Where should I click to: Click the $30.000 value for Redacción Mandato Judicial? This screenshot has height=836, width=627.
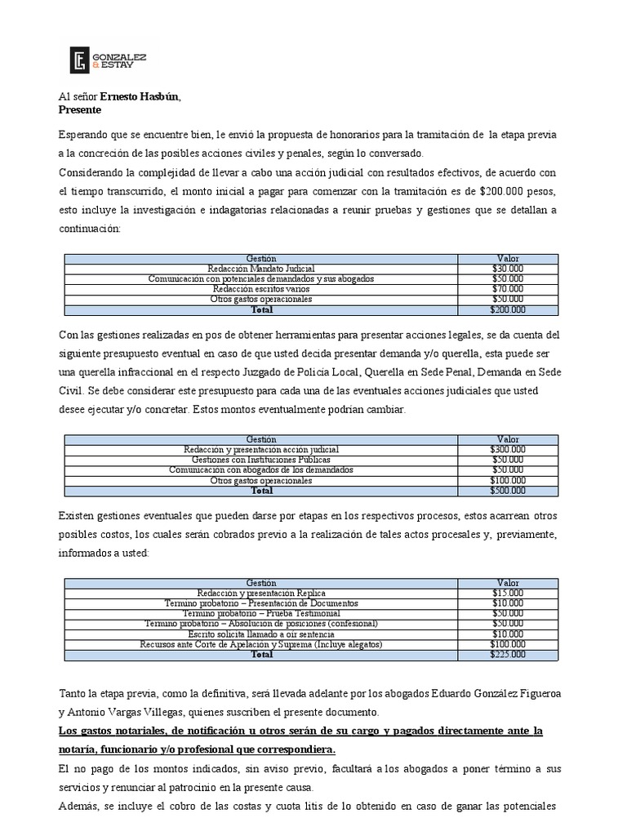point(508,269)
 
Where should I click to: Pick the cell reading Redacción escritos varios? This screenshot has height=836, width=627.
point(261,289)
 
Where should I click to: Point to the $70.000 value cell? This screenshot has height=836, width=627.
point(508,289)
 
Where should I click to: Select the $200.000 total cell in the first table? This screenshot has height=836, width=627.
point(508,309)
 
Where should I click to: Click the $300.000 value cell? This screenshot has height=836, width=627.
point(508,450)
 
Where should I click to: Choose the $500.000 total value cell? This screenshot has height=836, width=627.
point(508,491)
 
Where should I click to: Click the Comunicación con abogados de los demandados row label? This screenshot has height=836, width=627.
point(261,470)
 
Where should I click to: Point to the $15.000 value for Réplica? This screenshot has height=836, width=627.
point(508,593)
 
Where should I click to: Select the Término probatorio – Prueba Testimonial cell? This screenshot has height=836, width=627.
point(261,613)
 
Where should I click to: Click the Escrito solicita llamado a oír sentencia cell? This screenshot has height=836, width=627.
point(261,634)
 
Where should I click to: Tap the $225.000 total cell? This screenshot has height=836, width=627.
point(508,654)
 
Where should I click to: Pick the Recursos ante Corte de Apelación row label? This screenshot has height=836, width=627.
point(261,644)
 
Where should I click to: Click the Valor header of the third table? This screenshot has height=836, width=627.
point(508,582)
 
